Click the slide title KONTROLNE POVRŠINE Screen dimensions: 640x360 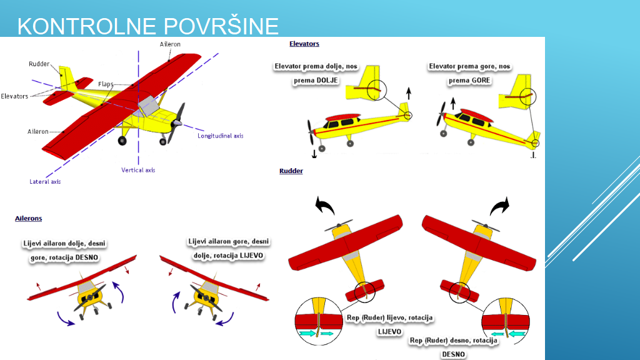147,26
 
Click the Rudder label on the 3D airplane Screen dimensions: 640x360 39,64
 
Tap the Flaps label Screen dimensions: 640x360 106,84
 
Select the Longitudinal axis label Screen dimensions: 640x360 221,136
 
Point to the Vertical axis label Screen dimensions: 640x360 138,170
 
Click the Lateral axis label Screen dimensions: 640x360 45,182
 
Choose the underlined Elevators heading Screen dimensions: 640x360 304,44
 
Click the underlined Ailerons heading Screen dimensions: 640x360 29,218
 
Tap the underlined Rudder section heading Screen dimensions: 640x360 291,171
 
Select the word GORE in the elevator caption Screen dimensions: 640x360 481,81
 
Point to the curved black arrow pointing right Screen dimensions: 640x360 499,206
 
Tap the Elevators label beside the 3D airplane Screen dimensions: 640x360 14,96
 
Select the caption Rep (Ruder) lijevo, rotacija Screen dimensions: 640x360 389,317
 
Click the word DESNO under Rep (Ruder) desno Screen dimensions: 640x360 453,354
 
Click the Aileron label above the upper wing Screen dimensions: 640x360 170,44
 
